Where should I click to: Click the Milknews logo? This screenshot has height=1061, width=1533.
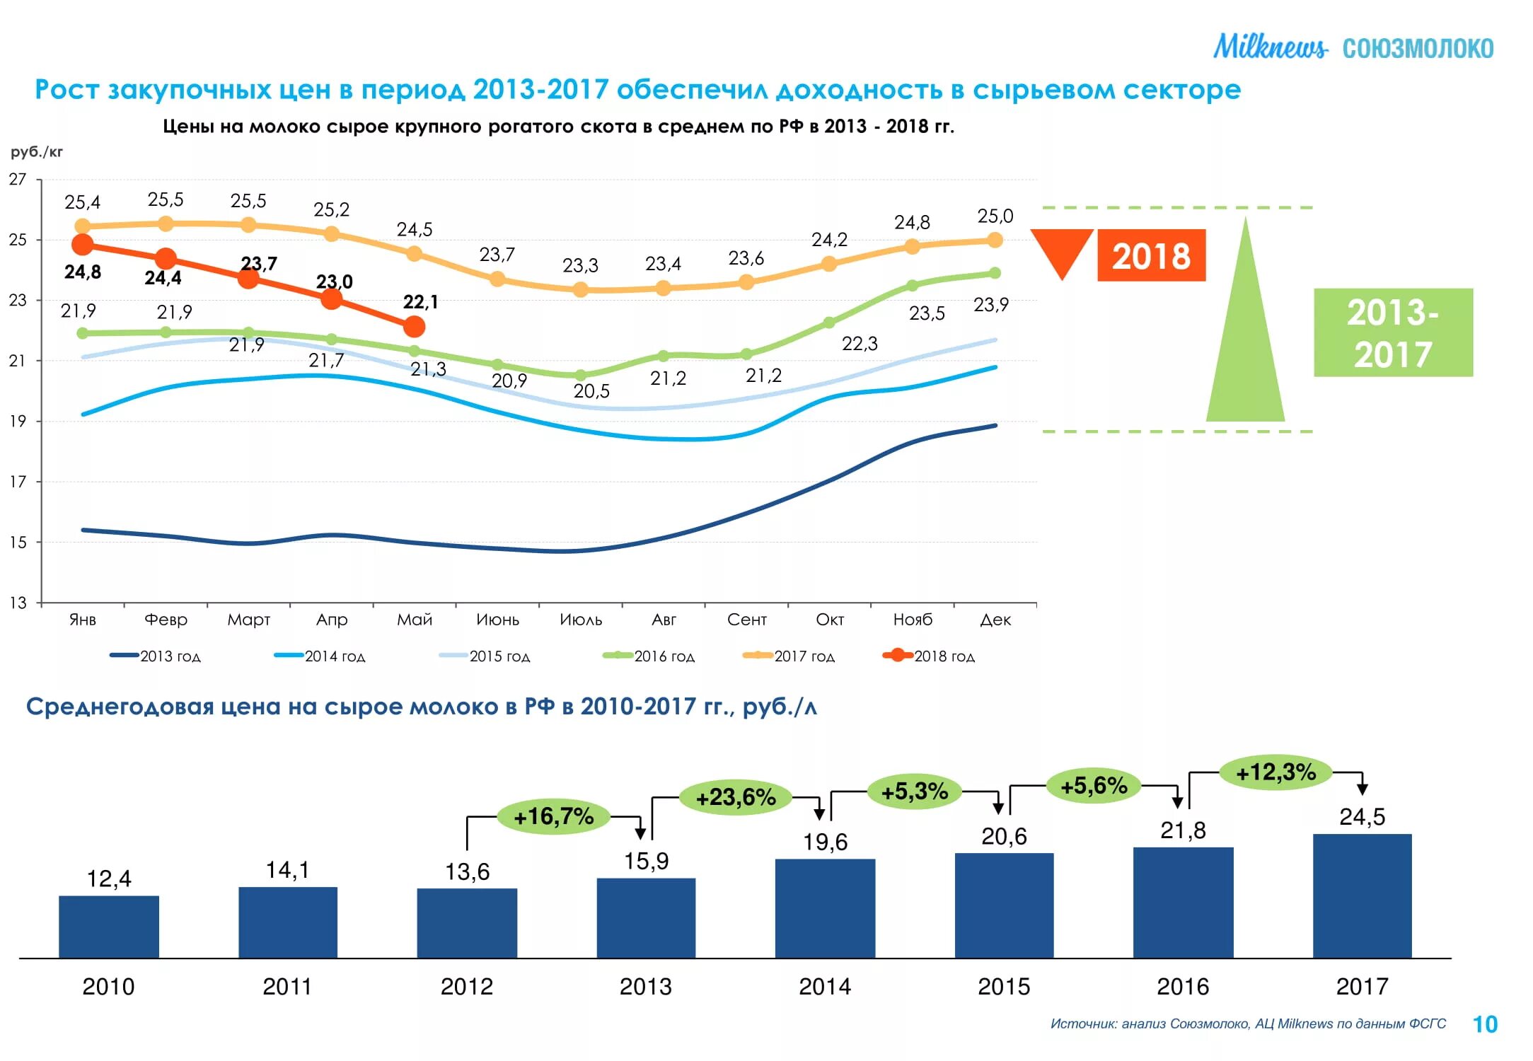(x=1270, y=47)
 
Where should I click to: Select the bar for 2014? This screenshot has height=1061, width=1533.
(x=825, y=908)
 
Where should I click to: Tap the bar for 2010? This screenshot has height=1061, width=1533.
(x=109, y=927)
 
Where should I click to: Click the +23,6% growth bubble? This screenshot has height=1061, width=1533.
(x=736, y=797)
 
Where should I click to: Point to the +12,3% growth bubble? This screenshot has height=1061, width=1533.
(x=1275, y=772)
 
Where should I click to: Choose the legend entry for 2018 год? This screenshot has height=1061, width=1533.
(x=928, y=656)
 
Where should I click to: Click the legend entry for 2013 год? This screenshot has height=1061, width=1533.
(x=156, y=656)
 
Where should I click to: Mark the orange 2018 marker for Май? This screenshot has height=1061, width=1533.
(x=415, y=326)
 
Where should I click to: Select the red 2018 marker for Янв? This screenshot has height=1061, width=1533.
(x=83, y=245)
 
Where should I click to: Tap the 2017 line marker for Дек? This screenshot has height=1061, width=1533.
(x=995, y=240)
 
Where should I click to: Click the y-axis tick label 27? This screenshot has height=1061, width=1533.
(x=18, y=180)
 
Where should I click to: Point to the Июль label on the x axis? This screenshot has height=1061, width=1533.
(x=581, y=620)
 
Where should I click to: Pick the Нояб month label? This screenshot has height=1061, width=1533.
(x=913, y=620)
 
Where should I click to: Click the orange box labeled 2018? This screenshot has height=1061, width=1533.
(x=1151, y=255)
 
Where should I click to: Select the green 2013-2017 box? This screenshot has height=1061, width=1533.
(x=1393, y=332)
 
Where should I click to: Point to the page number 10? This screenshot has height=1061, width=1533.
(x=1485, y=1024)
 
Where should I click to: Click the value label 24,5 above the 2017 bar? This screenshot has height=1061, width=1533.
(x=1362, y=817)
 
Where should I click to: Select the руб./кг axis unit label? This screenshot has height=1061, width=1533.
(x=37, y=152)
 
